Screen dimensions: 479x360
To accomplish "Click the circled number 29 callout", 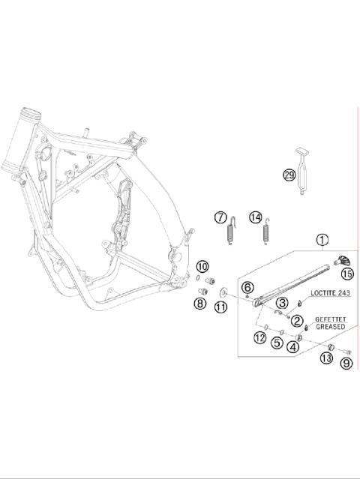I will point(289,175).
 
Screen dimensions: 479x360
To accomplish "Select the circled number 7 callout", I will point(220,217).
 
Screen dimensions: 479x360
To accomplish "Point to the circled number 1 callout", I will point(322,241).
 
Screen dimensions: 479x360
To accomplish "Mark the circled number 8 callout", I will point(200,303).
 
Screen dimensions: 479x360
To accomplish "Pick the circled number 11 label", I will point(220,307).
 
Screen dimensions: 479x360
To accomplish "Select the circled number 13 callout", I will point(326,358).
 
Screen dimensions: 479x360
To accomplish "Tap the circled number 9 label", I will point(346,364).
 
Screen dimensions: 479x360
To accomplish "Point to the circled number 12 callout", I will point(259,338).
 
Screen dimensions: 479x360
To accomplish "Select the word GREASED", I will point(330,327).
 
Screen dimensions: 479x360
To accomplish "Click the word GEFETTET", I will point(330,318).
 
